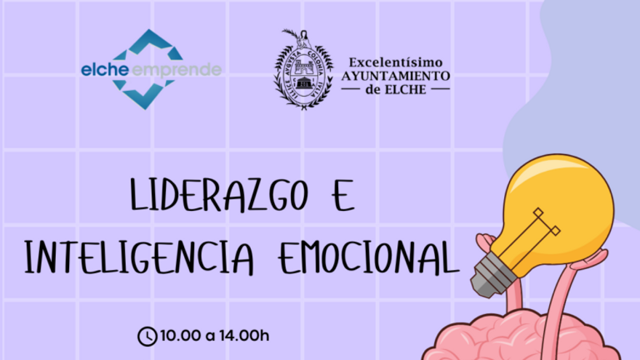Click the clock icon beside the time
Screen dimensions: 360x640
point(147,336)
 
